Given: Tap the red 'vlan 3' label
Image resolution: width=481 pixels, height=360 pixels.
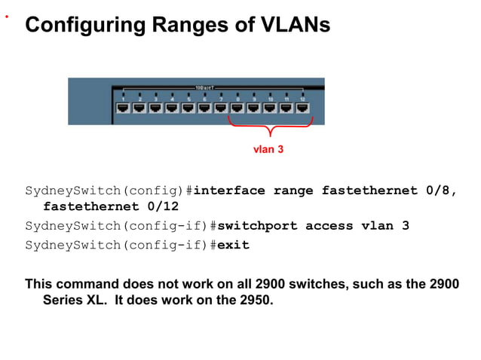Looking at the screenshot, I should click(268, 149).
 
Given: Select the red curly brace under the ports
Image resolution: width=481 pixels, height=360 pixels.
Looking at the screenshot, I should click(269, 133).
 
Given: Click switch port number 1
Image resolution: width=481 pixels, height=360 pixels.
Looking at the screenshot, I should click(123, 108).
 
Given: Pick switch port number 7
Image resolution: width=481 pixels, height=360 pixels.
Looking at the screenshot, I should click(221, 108).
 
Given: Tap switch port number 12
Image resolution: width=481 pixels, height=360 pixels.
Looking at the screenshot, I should click(302, 108).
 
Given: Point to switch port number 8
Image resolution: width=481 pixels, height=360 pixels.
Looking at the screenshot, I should click(237, 108).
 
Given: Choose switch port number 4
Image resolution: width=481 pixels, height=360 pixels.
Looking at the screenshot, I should click(172, 108).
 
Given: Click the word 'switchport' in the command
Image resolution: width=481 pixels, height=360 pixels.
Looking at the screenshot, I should click(257, 226).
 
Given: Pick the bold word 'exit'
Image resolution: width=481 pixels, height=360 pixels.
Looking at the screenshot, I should click(233, 246).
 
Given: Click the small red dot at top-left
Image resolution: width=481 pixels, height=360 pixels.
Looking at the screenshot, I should click(7, 13).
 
